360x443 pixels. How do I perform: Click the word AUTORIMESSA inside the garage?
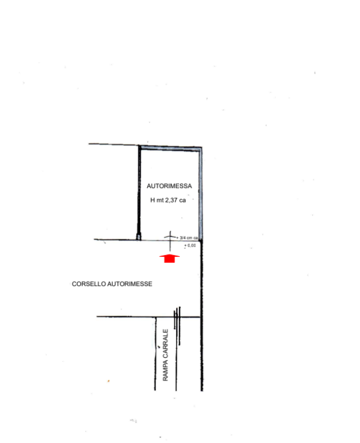tap(169, 186)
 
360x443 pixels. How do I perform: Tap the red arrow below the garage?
tap(170, 258)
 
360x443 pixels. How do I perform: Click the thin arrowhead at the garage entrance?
tap(170, 234)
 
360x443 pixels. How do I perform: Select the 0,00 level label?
tap(190, 245)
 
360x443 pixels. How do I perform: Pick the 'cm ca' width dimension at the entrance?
tap(191, 238)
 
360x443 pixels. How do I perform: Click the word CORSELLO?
tap(88, 284)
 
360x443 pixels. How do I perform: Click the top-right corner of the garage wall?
tap(201, 147)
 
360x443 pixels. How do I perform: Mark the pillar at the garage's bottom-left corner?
tap(139, 238)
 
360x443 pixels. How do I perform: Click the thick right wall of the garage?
tap(201, 191)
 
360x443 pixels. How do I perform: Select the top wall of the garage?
tap(170, 147)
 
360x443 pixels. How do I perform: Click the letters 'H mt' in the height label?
tap(156, 201)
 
